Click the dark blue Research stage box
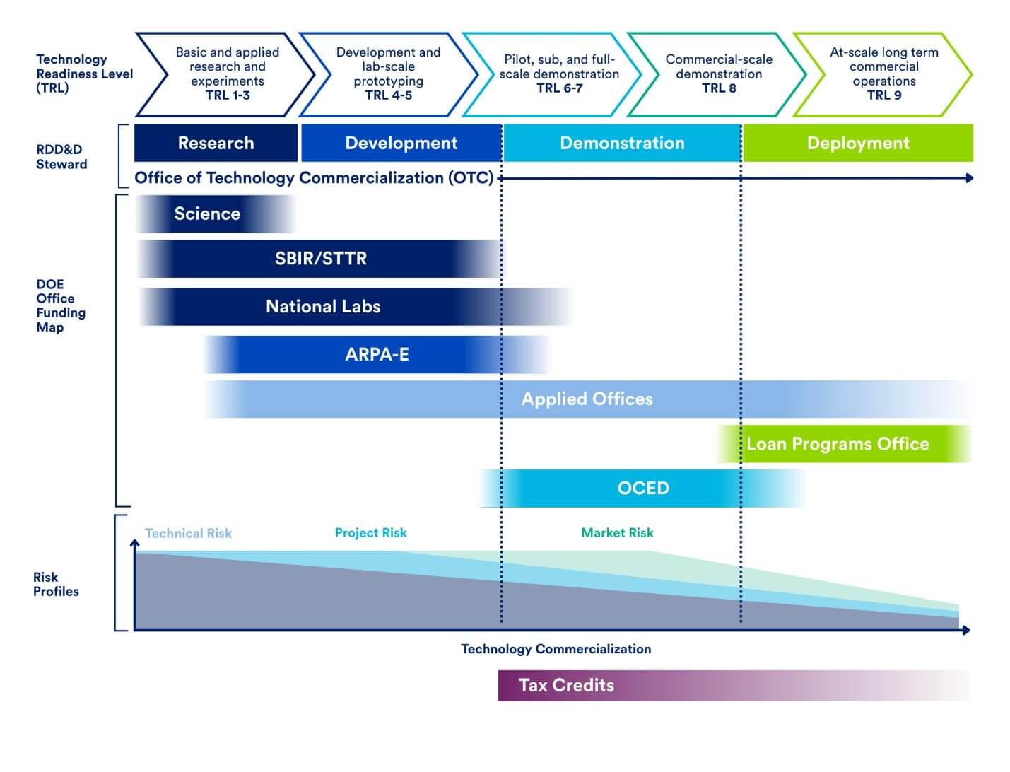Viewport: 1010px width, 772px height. pyautogui.click(x=216, y=144)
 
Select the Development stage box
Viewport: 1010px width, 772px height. pyautogui.click(x=401, y=144)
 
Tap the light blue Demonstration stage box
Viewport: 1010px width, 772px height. pyautogui.click(x=622, y=144)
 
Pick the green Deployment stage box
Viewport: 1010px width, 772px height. pyautogui.click(x=858, y=144)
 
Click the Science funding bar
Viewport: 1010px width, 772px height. pyautogui.click(x=208, y=214)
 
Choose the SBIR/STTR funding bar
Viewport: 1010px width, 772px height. pyautogui.click(x=321, y=259)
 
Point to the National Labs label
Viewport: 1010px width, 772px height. pyautogui.click(x=323, y=307)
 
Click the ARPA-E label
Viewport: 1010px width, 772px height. pyautogui.click(x=377, y=355)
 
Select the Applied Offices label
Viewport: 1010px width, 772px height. pyautogui.click(x=587, y=399)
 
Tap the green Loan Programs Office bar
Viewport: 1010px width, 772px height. pyautogui.click(x=838, y=444)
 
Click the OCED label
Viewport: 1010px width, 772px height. pyautogui.click(x=643, y=489)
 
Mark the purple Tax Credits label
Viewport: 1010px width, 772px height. pyautogui.click(x=566, y=685)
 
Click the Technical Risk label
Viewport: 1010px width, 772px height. pyautogui.click(x=188, y=534)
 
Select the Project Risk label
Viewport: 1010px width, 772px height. pyautogui.click(x=370, y=533)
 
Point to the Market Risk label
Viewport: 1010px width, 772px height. pyautogui.click(x=617, y=533)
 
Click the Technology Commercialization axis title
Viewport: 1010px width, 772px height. pyautogui.click(x=556, y=649)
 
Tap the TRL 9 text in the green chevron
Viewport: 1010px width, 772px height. pyautogui.click(x=884, y=95)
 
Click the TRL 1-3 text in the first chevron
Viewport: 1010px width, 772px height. pyautogui.click(x=228, y=95)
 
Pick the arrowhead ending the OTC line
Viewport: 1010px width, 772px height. pyautogui.click(x=969, y=178)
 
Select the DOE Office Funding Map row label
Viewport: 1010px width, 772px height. pyautogui.click(x=60, y=305)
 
